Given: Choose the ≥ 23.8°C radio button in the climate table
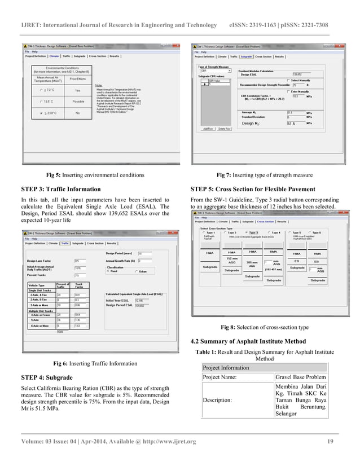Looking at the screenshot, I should pos(41,113).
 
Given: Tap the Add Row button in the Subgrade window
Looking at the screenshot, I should pos(208,129).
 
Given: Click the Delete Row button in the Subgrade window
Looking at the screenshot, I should pos(225,129).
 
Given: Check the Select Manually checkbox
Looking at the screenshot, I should pos(288,80).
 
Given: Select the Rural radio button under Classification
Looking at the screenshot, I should pos(107,271).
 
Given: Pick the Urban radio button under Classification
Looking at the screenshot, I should pos(136,271).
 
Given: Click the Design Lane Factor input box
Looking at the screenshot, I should pos(78,261).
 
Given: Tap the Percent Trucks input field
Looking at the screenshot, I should pos(78,275).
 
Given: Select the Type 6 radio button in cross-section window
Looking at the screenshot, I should pos(311,232).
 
